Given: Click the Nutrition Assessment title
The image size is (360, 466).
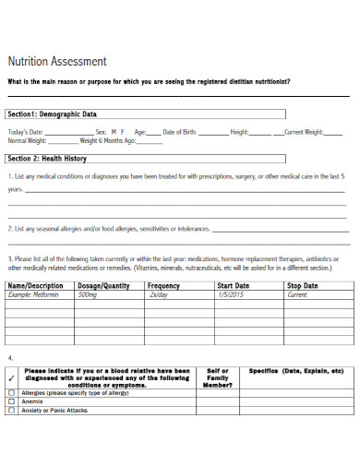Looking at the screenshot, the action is tap(57, 62).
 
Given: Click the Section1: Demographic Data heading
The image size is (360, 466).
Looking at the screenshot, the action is tap(52, 114).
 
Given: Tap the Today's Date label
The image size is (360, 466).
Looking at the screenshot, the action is tap(26, 132).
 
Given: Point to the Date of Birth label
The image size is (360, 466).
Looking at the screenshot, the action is tap(181, 132).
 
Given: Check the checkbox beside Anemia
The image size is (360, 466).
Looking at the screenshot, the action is tap(12, 401).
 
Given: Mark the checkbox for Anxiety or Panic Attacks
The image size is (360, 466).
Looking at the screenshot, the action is tap(12, 410).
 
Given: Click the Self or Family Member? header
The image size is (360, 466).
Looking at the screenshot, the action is tap(218, 377).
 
